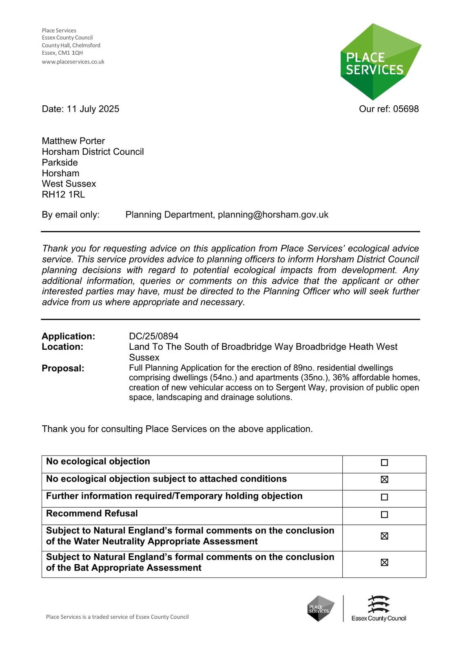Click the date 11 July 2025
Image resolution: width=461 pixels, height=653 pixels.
pos(93,109)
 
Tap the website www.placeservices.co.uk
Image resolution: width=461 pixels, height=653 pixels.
pos(73,62)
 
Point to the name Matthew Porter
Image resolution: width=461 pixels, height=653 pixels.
pos(73,141)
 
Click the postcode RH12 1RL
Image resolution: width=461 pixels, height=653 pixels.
pos(63,195)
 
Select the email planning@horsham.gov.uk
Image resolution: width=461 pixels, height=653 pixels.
pos(273,215)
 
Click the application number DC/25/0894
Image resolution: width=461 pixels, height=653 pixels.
pos(153,336)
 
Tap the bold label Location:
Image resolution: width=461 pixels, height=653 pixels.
pos(62,347)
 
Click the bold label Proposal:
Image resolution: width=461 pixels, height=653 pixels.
pos(63,369)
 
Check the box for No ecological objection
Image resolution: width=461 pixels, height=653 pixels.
pos(384,463)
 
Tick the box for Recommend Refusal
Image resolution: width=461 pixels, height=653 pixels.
pos(384,515)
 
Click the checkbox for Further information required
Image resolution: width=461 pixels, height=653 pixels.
pos(384,497)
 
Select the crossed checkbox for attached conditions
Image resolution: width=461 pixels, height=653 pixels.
pos(384,480)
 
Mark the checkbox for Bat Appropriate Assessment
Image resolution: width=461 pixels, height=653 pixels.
pos(384,562)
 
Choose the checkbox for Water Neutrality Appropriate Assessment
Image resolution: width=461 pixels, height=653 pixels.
pos(384,536)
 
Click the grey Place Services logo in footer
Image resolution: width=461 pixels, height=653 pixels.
pos(321,609)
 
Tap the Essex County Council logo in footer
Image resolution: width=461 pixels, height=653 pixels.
pos(379,609)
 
